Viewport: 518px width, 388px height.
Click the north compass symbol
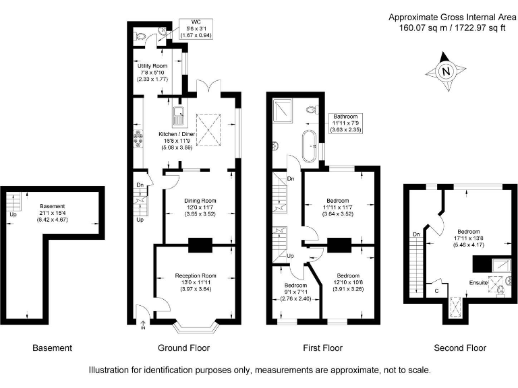click(x=444, y=71)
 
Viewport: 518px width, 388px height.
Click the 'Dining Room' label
click(x=200, y=200)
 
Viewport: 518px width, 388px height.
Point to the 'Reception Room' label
click(x=196, y=276)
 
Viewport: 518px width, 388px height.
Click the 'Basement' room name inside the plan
click(x=53, y=205)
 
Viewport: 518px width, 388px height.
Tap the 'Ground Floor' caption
click(x=183, y=348)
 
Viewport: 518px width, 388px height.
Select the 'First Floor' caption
click(x=321, y=348)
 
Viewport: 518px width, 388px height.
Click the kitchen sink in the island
click(x=178, y=117)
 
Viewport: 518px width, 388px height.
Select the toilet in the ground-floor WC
click(x=140, y=36)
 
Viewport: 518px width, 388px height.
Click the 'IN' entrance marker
click(x=143, y=328)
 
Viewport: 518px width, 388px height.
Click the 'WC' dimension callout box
click(x=193, y=28)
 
